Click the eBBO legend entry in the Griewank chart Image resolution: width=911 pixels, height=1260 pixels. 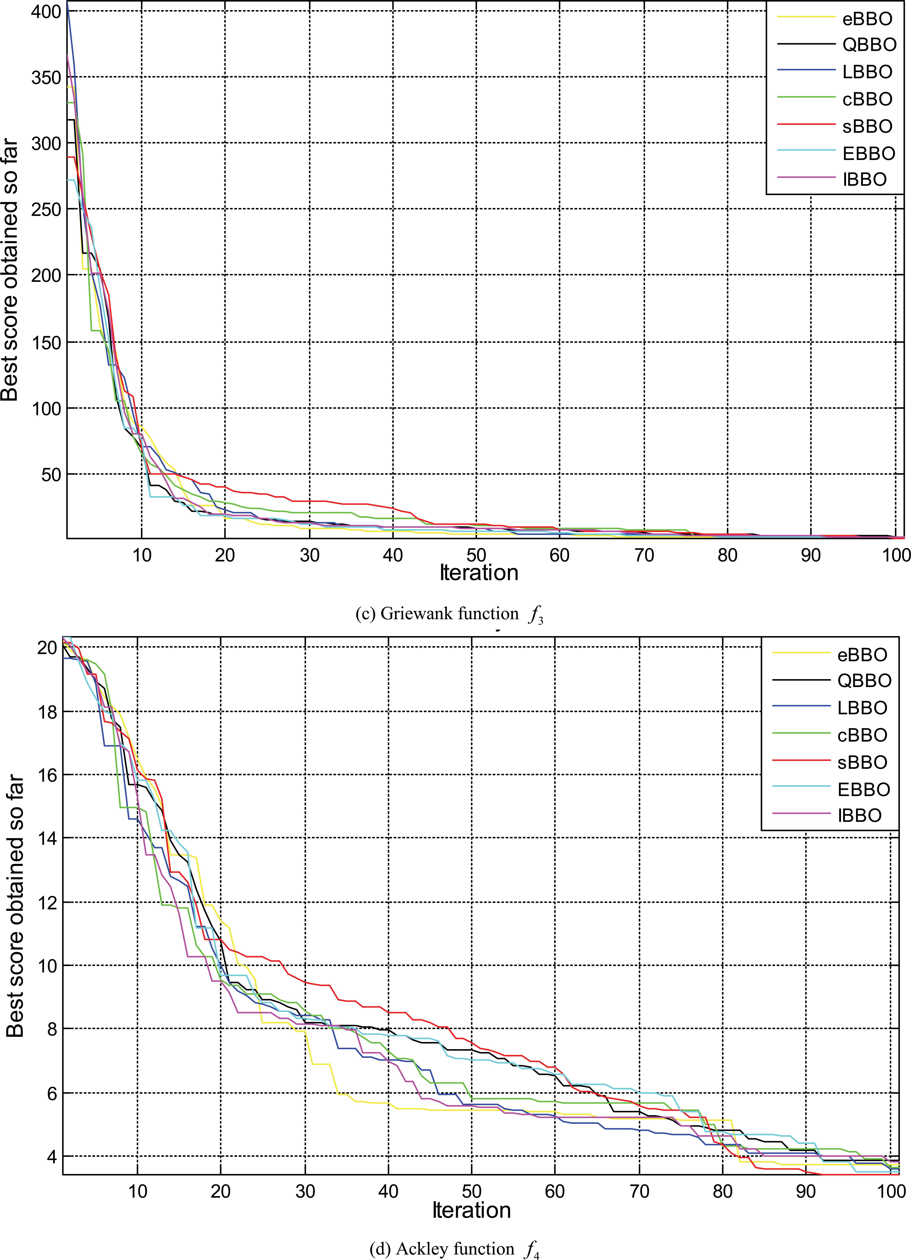pos(867,19)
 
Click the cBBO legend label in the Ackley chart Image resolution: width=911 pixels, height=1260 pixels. pos(862,735)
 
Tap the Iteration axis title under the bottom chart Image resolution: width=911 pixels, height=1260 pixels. pos(471,1211)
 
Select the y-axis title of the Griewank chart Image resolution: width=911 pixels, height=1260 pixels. pos(10,270)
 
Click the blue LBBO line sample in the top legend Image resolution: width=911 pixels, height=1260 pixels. pos(806,72)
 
